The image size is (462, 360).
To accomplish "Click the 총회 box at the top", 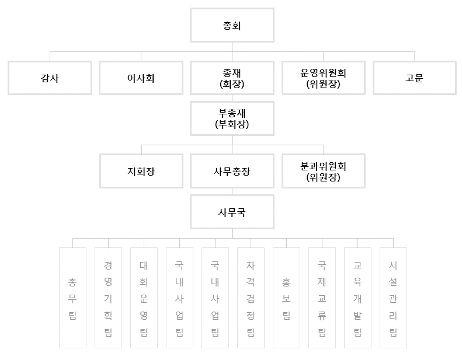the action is point(232,25).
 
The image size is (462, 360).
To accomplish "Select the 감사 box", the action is point(50,78).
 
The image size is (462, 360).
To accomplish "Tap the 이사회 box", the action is point(141,78).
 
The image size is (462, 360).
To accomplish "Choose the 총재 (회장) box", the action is point(232,78).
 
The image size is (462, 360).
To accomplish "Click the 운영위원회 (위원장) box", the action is point(324,78).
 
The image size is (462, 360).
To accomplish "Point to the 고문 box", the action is point(415,78).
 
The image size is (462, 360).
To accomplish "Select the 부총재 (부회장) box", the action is point(232,118).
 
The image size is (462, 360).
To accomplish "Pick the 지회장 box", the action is point(141,171).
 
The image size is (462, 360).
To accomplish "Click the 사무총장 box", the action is point(232,171).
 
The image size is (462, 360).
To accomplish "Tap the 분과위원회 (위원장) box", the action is point(324,171).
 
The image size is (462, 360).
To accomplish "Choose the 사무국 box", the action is point(232,212).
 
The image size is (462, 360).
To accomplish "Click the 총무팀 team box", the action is point(73,298).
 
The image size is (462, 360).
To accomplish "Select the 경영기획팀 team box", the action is point(109,298).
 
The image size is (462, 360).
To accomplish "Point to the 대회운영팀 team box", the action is point(144,298).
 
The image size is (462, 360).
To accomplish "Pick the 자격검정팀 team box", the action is point(251,298).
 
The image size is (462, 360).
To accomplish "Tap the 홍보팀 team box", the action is point(286,298).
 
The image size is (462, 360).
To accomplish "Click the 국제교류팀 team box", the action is point(322,298).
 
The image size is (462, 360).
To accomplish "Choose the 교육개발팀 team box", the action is point(357,298).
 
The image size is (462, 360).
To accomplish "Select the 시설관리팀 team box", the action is point(393,298).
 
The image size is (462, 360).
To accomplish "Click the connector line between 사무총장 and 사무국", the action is point(232,191).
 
